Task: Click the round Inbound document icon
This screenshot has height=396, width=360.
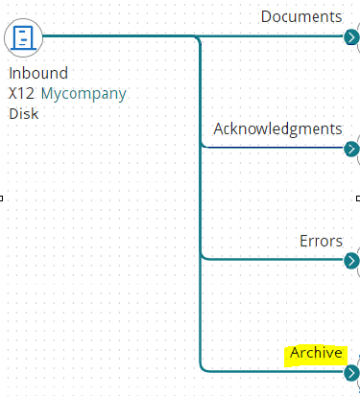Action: coord(23,36)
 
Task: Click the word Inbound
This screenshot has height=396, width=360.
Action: coord(38,74)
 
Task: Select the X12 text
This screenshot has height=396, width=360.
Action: coord(22,93)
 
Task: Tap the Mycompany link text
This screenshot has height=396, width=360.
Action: coord(84,93)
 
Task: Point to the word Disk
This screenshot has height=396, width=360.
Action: coord(24,113)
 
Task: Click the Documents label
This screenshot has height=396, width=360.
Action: coord(300,16)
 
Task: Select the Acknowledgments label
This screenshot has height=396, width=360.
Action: coord(277,128)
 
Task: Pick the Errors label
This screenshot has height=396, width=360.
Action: coord(321,241)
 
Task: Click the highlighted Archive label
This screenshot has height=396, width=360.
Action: coord(315,353)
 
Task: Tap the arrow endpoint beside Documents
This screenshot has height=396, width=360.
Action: coord(351,36)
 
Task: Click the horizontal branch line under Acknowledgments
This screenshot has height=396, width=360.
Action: coord(274,148)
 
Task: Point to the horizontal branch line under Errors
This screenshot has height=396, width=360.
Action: coord(274,259)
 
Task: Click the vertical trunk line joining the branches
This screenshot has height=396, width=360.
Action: coord(200,201)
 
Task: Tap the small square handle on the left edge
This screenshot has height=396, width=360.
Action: coord(2,198)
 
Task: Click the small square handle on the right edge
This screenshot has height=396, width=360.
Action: coord(357,198)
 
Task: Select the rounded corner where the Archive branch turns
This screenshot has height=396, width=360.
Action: coord(203,367)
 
